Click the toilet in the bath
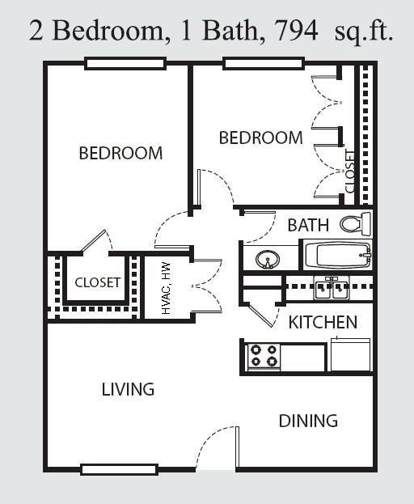(x=356, y=223)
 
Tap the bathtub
(x=338, y=256)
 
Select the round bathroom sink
(x=268, y=259)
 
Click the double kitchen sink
(x=332, y=288)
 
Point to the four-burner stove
(x=264, y=357)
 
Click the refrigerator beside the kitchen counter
(x=351, y=354)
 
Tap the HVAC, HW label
(x=167, y=288)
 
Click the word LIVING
(x=128, y=390)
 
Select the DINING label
(x=308, y=421)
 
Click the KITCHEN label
(x=323, y=323)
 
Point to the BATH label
(x=308, y=225)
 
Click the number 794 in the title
(x=297, y=31)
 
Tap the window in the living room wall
(x=119, y=469)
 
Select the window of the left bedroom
(x=125, y=63)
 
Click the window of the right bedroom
(x=264, y=63)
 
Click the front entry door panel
(x=238, y=447)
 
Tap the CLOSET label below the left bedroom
(x=98, y=282)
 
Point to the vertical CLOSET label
(x=350, y=172)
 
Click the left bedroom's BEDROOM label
(x=120, y=153)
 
